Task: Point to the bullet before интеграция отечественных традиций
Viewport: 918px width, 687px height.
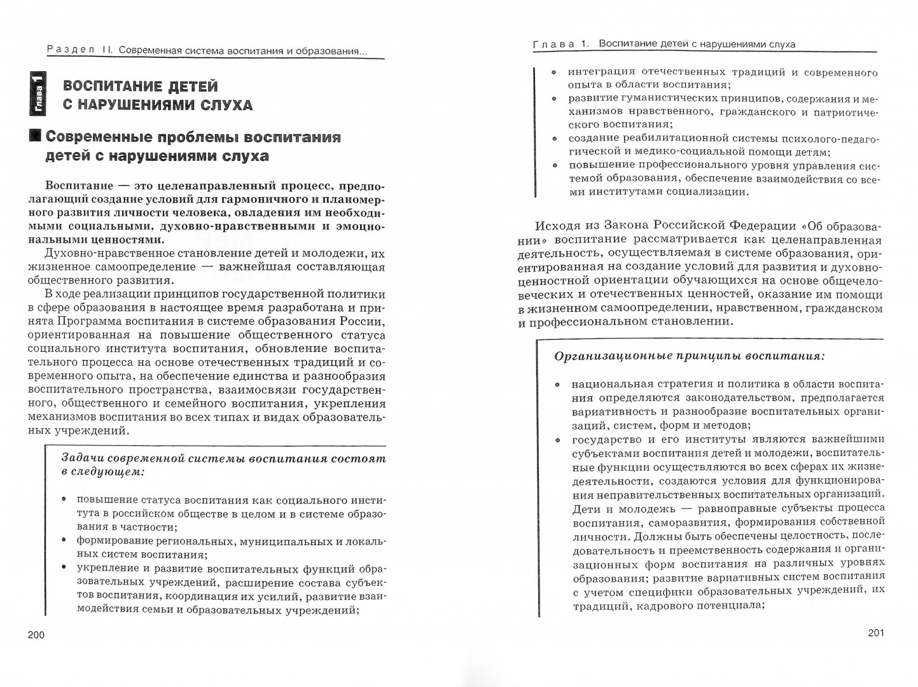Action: pyautogui.click(x=554, y=73)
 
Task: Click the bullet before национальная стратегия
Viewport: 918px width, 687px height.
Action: pyautogui.click(x=558, y=385)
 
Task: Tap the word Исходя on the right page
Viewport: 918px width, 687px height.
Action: pyautogui.click(x=557, y=226)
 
